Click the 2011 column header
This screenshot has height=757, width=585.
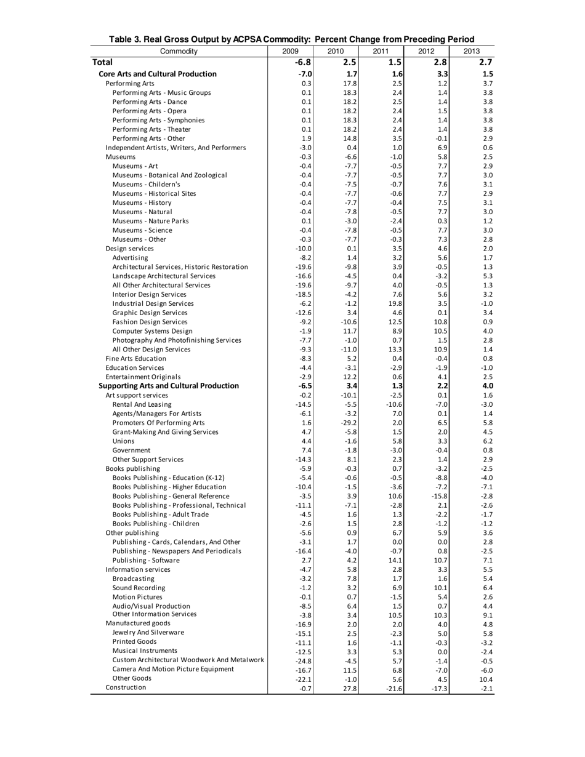coord(381,51)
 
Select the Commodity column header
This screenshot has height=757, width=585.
coord(179,51)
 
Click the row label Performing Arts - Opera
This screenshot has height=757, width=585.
coord(152,111)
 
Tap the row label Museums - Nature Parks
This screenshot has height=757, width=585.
coord(151,221)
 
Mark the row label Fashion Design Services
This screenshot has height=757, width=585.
coord(150,322)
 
